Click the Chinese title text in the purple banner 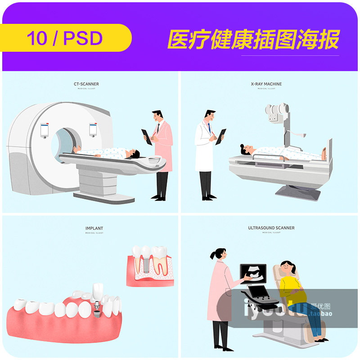tap(253, 40)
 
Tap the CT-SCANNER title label tap(86, 84)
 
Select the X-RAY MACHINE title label tap(266, 84)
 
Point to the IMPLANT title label tap(94, 229)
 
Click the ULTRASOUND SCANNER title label tap(271, 228)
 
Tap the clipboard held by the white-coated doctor tap(220, 136)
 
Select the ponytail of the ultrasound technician tap(213, 255)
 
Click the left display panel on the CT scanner tap(45, 130)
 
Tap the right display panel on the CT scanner tap(93, 129)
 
